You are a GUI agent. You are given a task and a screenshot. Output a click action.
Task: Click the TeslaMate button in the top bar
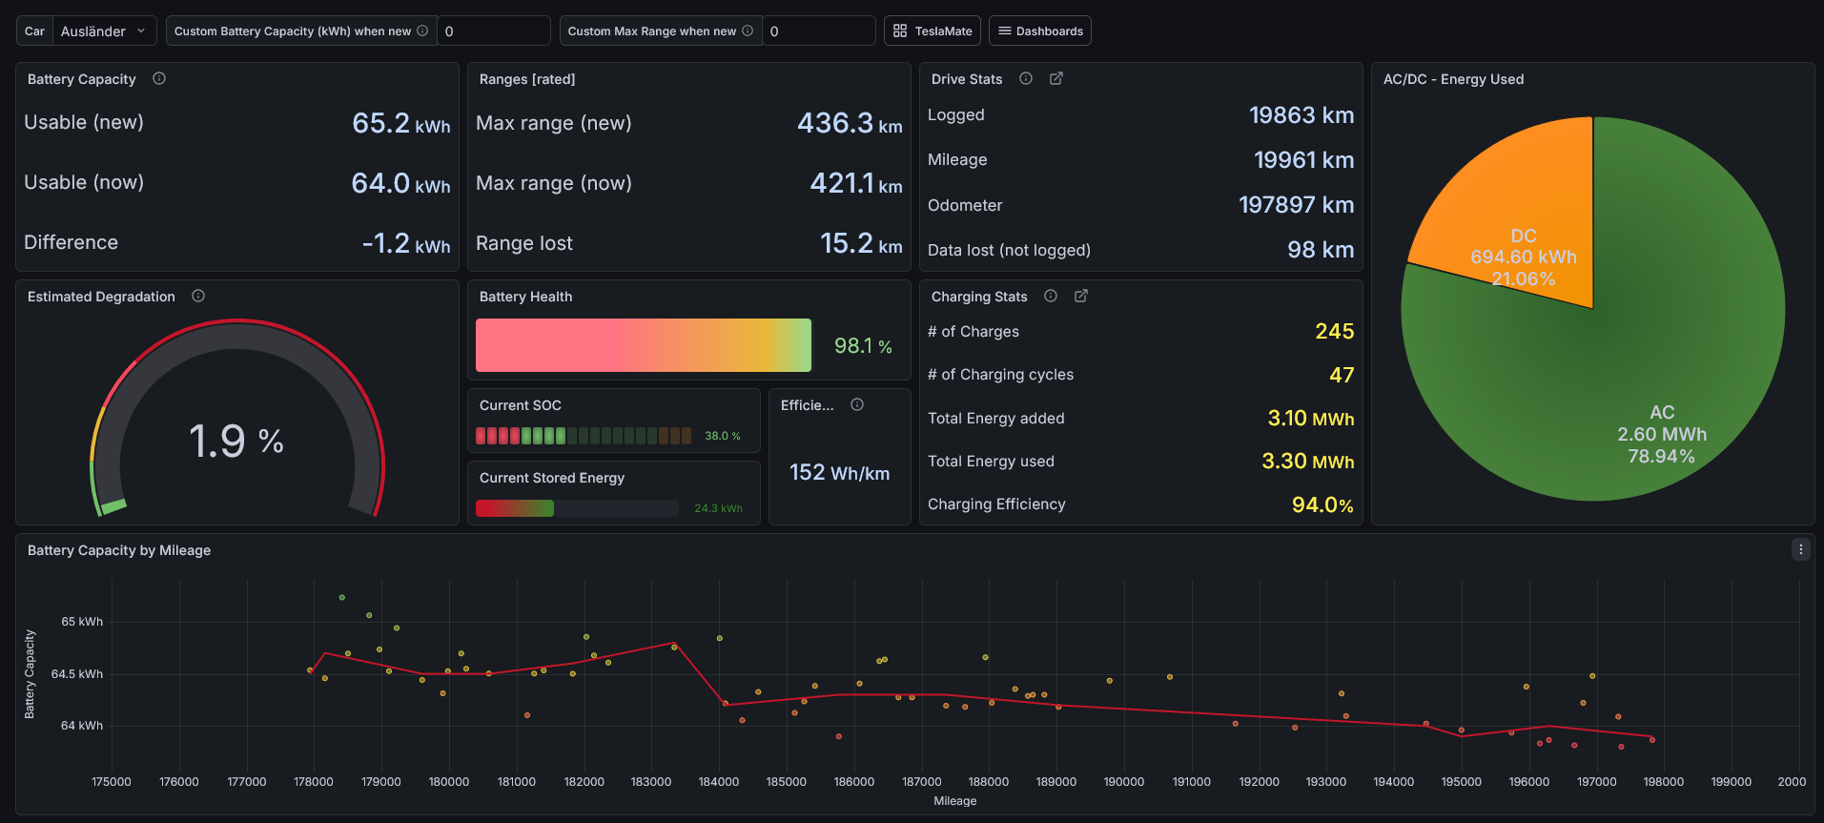[x=932, y=31]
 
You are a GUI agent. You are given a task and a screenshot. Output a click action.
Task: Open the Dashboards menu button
[x=1039, y=31]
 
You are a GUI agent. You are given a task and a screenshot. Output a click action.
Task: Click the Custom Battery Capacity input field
[x=494, y=31]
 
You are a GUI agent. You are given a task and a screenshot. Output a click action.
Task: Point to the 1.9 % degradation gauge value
[x=236, y=441]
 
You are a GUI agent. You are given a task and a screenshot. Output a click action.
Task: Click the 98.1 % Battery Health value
[x=863, y=345]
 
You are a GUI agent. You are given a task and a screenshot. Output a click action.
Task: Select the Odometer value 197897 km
[x=1296, y=204]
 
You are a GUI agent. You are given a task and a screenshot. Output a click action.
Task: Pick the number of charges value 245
[x=1334, y=331]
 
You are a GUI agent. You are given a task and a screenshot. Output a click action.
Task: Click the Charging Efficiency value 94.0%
[x=1322, y=504]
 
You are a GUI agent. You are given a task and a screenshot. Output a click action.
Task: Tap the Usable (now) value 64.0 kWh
[x=400, y=182]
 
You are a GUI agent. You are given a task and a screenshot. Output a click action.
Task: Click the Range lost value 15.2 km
[x=861, y=243]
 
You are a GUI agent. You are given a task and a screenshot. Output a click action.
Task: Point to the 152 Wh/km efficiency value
[x=839, y=472]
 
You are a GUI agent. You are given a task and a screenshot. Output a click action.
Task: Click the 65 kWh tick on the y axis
[x=82, y=622]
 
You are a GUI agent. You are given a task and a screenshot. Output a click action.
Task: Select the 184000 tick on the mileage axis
[x=719, y=782]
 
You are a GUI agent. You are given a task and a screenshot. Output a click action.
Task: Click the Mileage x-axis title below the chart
[x=954, y=801]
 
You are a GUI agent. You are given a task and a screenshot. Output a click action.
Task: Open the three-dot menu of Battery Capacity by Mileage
[x=1800, y=549]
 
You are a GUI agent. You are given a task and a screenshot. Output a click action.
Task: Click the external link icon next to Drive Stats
[x=1055, y=78]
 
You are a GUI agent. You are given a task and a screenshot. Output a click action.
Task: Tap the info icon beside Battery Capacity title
[x=159, y=78]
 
